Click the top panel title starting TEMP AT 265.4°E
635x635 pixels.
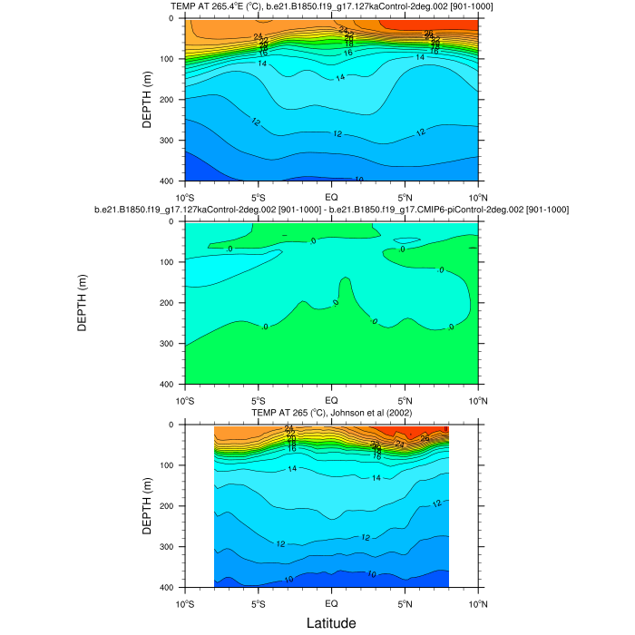(x=331, y=7)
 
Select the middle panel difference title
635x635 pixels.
(x=331, y=210)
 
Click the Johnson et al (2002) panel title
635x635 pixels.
(x=331, y=413)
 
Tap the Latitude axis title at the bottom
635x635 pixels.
(x=330, y=623)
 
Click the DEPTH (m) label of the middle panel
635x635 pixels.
(x=82, y=303)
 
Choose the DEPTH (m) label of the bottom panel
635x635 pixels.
(x=147, y=506)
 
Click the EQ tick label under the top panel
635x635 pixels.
(x=331, y=196)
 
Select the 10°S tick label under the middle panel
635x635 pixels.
(x=185, y=399)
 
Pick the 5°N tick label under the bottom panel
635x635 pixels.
(x=405, y=602)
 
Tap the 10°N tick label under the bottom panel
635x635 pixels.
(x=478, y=602)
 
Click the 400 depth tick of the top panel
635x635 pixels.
(x=170, y=181)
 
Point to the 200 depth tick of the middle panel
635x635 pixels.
(x=170, y=303)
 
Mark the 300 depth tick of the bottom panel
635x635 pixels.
(x=170, y=547)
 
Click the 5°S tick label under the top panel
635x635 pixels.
(x=258, y=196)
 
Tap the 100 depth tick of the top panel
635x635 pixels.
(x=170, y=59)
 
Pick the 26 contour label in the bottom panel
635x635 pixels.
(x=425, y=438)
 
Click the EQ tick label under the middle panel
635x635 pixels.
(x=331, y=399)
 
